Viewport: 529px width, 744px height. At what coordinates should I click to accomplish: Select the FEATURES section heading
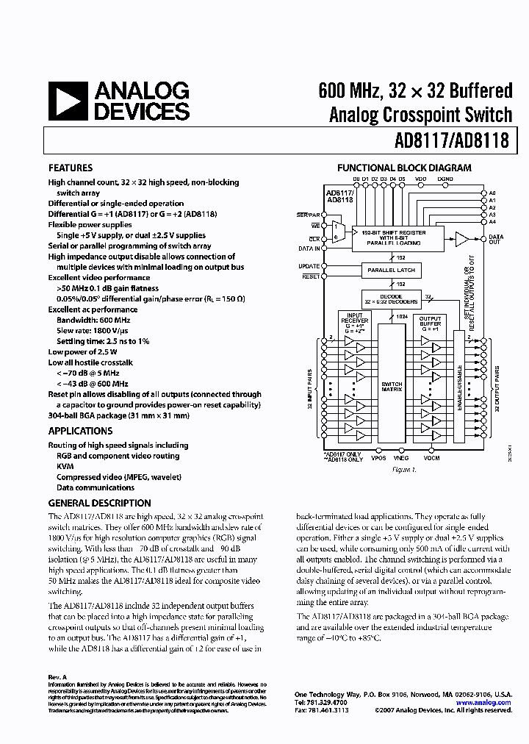[x=71, y=168]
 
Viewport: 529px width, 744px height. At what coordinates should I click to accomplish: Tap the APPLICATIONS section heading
[x=80, y=431]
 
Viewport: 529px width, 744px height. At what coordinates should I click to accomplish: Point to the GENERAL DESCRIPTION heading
[x=99, y=504]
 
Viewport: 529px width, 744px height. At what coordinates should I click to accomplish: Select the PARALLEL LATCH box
[x=392, y=270]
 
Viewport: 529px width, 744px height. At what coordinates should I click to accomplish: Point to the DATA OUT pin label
[x=496, y=240]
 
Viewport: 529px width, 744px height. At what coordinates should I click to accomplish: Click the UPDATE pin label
[x=309, y=265]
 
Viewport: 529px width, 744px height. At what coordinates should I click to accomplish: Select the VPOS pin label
[x=378, y=458]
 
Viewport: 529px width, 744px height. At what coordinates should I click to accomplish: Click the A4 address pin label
[x=492, y=221]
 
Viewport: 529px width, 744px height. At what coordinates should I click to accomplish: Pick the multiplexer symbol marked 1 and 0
[x=337, y=232]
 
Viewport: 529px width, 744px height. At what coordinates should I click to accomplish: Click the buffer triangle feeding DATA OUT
[x=462, y=238]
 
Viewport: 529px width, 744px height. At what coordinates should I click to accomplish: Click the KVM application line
[x=65, y=466]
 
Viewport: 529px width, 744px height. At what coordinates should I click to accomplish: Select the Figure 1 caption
[x=403, y=470]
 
